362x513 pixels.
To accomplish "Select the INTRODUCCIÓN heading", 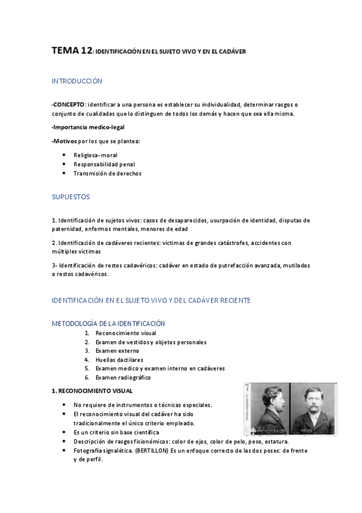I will click(x=77, y=80).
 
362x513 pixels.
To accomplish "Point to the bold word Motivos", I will click(x=65, y=141).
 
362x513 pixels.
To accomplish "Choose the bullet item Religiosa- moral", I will click(x=95, y=155).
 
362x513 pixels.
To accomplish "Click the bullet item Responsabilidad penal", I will click(x=104, y=163).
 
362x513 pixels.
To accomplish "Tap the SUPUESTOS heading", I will click(x=71, y=197).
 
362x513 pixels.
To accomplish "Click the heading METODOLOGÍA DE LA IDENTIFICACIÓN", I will click(x=108, y=324).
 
